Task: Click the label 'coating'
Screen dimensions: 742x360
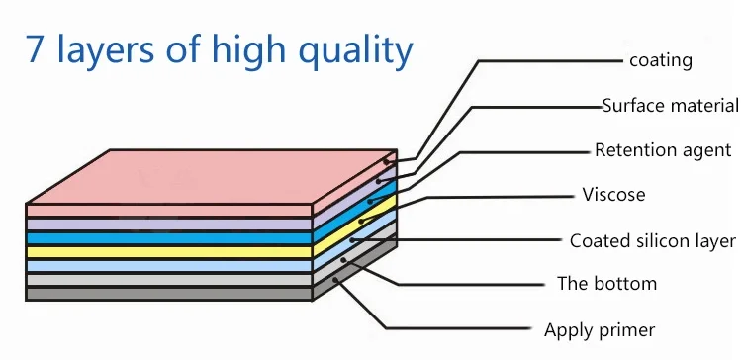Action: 661,60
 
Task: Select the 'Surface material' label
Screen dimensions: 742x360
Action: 670,106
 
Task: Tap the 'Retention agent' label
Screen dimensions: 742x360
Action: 663,150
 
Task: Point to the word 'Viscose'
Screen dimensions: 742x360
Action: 613,195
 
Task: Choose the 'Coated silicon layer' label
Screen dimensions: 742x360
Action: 653,240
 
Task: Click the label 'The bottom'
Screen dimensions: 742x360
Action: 607,284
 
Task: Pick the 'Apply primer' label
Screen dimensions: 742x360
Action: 600,330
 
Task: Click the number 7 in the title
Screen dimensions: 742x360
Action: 35,49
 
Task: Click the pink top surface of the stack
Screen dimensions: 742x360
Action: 212,176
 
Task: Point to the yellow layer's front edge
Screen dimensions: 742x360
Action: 169,251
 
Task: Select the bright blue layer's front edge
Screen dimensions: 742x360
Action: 169,238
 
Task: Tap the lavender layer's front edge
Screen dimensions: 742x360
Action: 169,225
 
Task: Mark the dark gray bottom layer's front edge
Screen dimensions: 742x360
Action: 169,294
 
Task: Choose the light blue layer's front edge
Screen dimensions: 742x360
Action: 169,266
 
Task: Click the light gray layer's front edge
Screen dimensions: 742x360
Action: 169,280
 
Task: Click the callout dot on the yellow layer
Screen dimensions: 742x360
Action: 361,221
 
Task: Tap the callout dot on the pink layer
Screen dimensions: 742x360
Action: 386,162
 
